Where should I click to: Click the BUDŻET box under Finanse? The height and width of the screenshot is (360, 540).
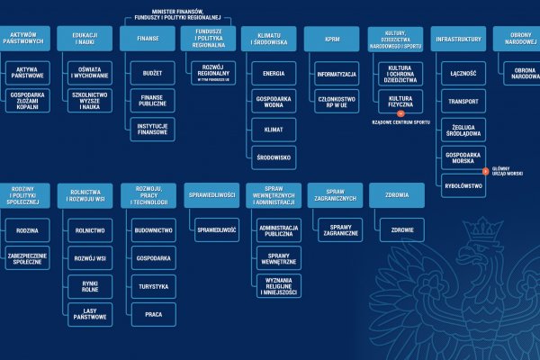click(153, 73)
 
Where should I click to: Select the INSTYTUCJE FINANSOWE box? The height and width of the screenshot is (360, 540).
click(153, 129)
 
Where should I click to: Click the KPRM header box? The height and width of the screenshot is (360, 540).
click(326, 40)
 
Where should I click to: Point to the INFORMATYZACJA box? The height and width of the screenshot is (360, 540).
click(337, 73)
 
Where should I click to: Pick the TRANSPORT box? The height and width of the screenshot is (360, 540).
click(462, 101)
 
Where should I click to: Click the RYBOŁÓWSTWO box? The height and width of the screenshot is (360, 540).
click(462, 185)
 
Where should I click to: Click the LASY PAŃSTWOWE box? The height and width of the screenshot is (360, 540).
click(90, 314)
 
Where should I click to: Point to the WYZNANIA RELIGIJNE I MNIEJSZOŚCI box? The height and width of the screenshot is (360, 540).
click(279, 286)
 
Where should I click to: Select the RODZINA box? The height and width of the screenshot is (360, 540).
click(27, 230)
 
